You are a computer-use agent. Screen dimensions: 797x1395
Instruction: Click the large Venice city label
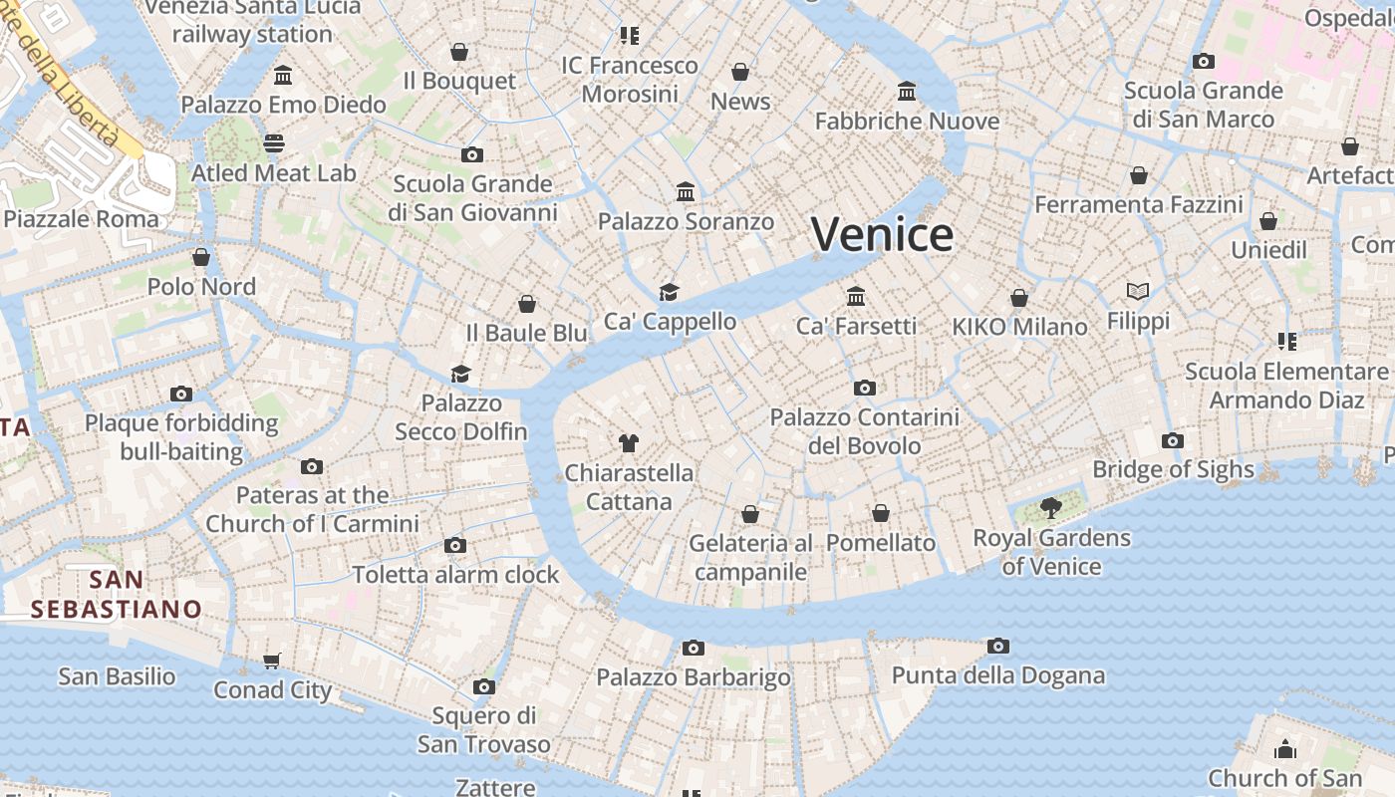coord(882,235)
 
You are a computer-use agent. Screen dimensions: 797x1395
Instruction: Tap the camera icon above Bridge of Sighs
coord(1173,440)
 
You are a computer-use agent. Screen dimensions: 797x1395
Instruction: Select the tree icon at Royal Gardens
coord(1050,508)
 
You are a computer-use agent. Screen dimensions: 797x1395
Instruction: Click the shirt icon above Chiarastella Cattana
coord(628,442)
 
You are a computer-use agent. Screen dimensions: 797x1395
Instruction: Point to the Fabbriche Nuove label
coord(907,122)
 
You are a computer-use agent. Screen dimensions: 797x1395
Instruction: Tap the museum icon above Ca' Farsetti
coord(856,296)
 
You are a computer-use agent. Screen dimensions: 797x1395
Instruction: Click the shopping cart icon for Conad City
coord(272,661)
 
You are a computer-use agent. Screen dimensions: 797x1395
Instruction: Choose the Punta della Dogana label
coord(997,675)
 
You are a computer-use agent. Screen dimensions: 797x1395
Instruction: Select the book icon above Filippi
coord(1138,291)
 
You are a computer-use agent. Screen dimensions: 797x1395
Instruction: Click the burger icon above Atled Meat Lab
coord(274,142)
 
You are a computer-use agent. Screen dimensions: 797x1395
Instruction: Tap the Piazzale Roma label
coord(82,219)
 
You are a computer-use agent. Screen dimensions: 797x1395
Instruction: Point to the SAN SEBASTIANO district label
coord(116,594)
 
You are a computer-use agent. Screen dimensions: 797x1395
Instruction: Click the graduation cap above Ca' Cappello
coord(669,292)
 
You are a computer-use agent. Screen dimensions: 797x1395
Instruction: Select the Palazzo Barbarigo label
coord(693,677)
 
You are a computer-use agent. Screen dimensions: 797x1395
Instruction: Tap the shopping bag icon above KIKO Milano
coord(1019,298)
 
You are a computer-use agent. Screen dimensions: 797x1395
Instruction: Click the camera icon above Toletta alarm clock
coord(455,545)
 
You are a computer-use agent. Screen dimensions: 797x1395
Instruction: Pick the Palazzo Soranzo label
coord(686,221)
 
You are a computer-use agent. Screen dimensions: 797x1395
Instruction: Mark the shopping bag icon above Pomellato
coord(881,513)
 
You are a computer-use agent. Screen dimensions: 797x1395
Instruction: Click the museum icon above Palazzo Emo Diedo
coord(283,76)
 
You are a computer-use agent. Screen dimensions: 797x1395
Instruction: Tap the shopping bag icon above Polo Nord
coord(201,257)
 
